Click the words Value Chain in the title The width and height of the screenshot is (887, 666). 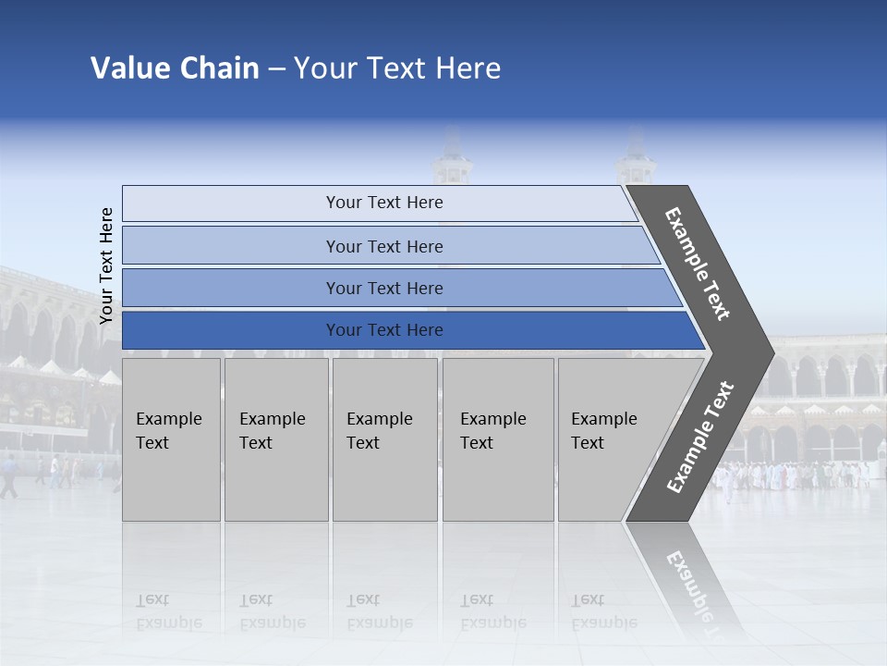pos(175,68)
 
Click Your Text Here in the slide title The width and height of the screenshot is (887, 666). pos(397,68)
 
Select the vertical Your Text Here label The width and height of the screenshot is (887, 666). pos(106,265)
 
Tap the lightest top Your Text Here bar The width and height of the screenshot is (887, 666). pos(383,203)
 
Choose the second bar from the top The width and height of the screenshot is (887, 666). pos(383,246)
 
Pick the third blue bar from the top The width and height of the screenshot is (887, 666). pos(383,288)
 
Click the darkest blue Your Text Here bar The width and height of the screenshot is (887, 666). pos(383,330)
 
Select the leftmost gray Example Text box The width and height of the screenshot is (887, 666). pos(171,439)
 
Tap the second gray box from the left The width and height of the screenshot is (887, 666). pos(275,439)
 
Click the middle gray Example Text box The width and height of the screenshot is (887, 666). pos(384,439)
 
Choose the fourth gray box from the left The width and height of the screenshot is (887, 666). pos(497,439)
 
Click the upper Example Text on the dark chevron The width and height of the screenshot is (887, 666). pos(698,264)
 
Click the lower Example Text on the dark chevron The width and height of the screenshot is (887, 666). pos(700,437)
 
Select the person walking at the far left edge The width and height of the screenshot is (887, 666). pos(8,476)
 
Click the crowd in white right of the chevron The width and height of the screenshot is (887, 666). pos(795,475)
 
